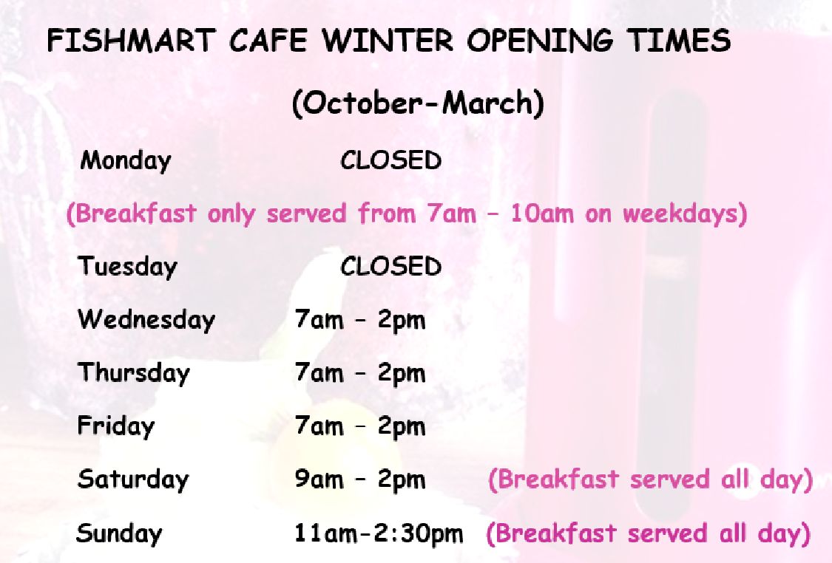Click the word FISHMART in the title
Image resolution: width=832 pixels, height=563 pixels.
tap(131, 41)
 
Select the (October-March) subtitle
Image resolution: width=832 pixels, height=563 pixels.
tap(418, 103)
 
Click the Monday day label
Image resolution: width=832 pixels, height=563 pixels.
tap(126, 160)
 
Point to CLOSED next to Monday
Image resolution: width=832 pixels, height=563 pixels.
tap(391, 160)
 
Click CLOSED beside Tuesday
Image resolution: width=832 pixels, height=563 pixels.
tap(391, 266)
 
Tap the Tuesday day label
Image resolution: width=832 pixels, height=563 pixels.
tap(127, 266)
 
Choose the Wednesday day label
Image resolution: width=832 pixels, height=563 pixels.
tap(146, 320)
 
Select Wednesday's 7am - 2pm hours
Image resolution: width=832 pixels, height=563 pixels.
tap(360, 320)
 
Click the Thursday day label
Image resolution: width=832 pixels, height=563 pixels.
tap(134, 372)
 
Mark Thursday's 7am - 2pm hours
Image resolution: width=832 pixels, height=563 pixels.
tap(360, 373)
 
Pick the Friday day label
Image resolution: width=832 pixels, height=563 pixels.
tap(115, 426)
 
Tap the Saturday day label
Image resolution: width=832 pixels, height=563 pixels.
tap(133, 480)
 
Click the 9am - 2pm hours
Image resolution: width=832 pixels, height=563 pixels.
tap(360, 480)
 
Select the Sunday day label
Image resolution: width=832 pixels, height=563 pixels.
tap(119, 533)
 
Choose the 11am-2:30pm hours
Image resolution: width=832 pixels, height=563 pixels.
tap(379, 533)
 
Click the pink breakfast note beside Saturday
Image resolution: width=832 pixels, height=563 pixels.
tap(651, 480)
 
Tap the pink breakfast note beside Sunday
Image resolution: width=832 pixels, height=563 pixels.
tap(649, 533)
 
